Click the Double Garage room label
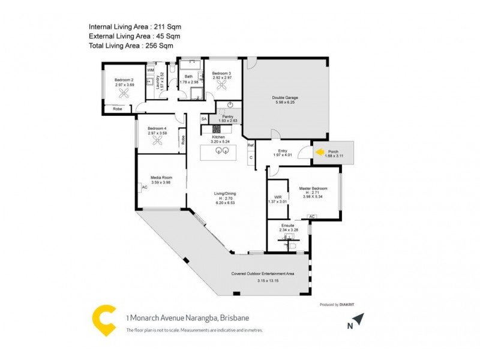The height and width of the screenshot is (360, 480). [285, 97]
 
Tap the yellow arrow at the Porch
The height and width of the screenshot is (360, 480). [320, 152]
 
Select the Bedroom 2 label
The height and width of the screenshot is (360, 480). [124, 80]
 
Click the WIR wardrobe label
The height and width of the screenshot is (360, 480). [278, 197]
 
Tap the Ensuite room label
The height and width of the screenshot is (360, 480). [287, 225]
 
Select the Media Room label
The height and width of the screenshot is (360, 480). [161, 178]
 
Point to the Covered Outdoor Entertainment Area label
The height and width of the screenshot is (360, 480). [263, 274]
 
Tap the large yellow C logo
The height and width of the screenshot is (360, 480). [103, 321]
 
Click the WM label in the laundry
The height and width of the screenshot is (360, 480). [151, 70]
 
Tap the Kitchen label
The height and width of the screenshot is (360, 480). [218, 138]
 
